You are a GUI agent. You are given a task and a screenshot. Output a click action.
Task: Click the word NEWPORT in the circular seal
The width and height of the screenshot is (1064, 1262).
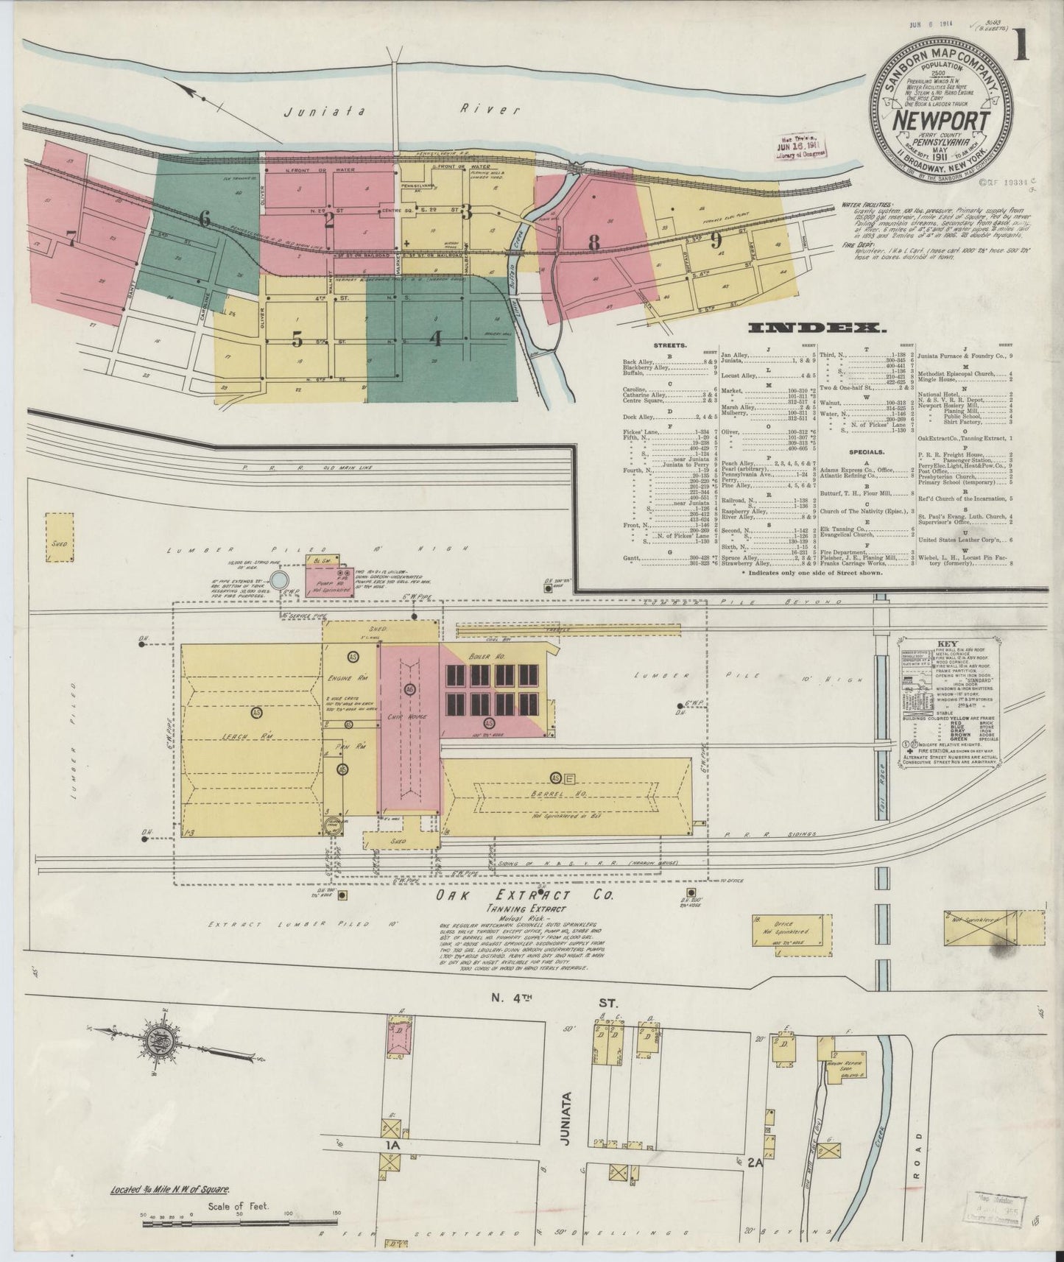(931, 119)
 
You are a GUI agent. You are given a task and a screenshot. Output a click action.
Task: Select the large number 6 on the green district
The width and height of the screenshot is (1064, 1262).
(204, 218)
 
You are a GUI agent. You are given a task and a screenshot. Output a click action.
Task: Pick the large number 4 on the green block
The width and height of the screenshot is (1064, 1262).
(437, 338)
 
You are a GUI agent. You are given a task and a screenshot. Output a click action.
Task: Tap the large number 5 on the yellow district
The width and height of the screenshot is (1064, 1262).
(297, 339)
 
